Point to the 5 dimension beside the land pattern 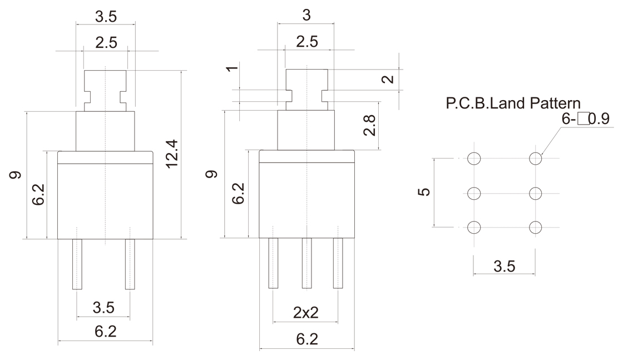click(x=424, y=192)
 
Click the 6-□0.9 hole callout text click(x=585, y=119)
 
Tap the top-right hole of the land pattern click(x=536, y=159)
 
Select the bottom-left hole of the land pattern click(x=474, y=227)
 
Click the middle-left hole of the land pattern click(x=474, y=193)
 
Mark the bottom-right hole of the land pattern click(x=536, y=227)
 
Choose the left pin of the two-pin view click(x=77, y=264)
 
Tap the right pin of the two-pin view click(x=130, y=264)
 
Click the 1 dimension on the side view click(x=234, y=70)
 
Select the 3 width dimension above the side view click(x=305, y=16)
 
